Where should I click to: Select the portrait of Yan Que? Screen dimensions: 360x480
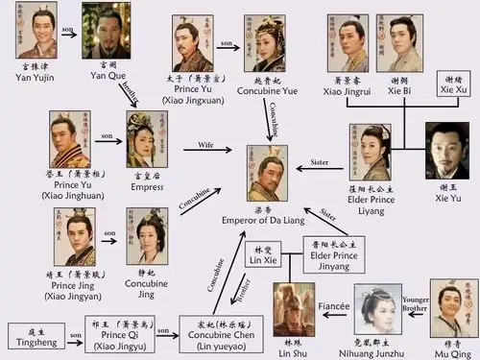[x=106, y=30]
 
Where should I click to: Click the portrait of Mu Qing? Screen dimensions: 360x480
[x=453, y=307]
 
